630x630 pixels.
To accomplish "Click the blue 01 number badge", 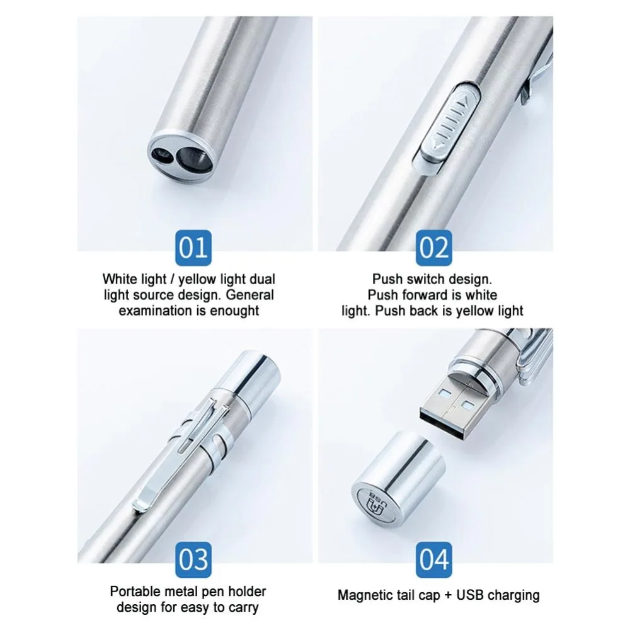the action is [193, 248].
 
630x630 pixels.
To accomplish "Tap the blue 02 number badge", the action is [433, 248].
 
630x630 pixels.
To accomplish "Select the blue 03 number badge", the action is [193, 559].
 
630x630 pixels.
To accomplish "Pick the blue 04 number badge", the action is [433, 559].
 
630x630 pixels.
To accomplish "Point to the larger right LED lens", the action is [191, 157].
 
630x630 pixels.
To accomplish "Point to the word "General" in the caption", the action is [249, 295].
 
